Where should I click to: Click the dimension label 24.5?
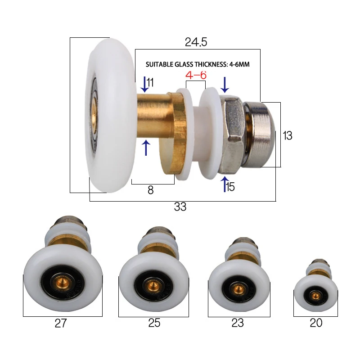coord(196,42)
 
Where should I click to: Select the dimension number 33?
coord(180,207)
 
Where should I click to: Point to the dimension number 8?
coord(150,190)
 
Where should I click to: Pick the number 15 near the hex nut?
coord(230,186)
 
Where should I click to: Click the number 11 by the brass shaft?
coord(150,82)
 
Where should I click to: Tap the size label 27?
coord(60,324)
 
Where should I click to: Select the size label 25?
coord(154,323)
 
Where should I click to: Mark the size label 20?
coord(316,323)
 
